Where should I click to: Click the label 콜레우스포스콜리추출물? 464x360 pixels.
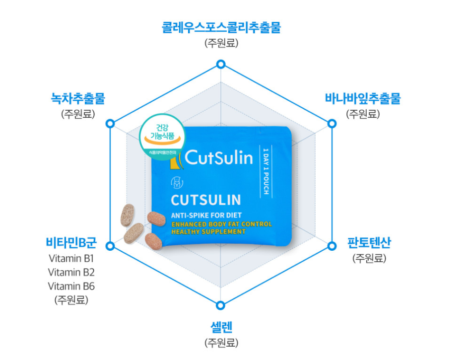tap(221, 27)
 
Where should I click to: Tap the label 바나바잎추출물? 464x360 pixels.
tap(362, 98)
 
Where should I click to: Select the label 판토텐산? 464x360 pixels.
tap(369, 243)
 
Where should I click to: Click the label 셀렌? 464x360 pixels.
tap(221, 327)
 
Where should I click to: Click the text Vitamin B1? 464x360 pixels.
tap(71, 259)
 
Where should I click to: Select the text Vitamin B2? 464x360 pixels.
tap(71, 272)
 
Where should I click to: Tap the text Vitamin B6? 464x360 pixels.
tap(71, 286)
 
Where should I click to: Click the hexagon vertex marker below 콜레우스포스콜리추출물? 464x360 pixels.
tap(221, 65)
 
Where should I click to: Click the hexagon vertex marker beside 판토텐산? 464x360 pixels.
tap(331, 246)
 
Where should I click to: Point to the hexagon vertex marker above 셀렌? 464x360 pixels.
tap(221, 305)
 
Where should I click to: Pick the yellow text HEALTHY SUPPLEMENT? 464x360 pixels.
tap(208, 231)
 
